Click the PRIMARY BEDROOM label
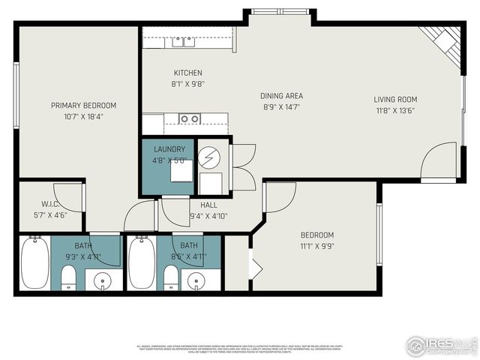[83, 106]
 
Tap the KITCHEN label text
[189, 73]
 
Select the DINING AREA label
[281, 96]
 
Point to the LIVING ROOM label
[395, 99]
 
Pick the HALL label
[209, 205]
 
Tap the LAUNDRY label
[169, 149]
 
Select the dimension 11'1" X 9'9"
[317, 245]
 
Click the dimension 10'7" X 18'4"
[83, 116]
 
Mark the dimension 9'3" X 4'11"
[83, 256]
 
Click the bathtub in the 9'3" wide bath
[34, 263]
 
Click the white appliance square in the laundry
[180, 173]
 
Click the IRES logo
[441, 345]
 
